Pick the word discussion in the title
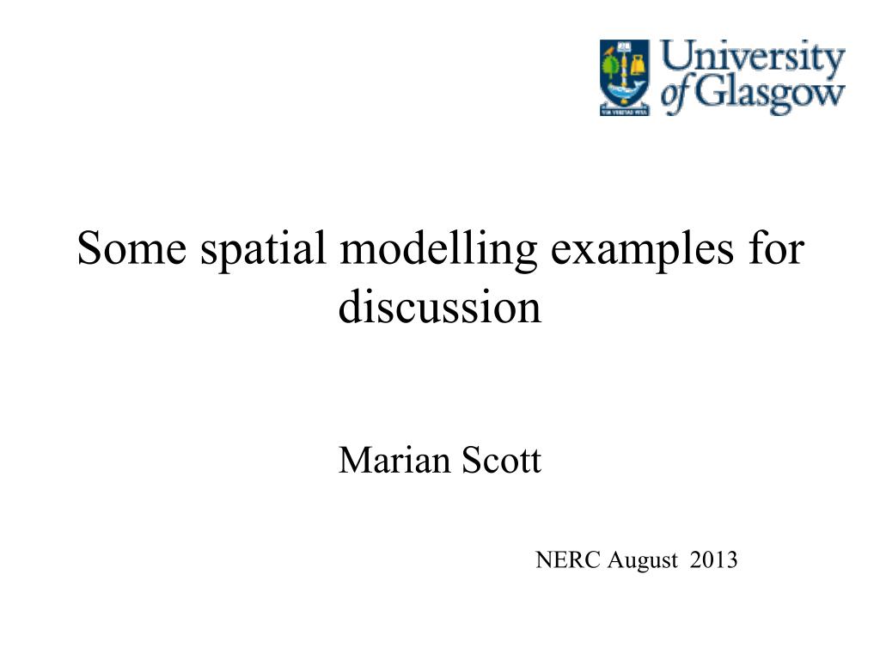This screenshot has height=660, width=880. pyautogui.click(x=440, y=308)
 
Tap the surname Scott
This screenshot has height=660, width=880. pyautogui.click(x=502, y=461)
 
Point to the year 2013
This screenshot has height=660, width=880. pyautogui.click(x=714, y=560)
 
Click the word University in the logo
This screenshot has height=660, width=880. pyautogui.click(x=753, y=63)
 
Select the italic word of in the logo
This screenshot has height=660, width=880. pyautogui.click(x=674, y=95)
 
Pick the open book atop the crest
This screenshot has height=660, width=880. pyautogui.click(x=625, y=47)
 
